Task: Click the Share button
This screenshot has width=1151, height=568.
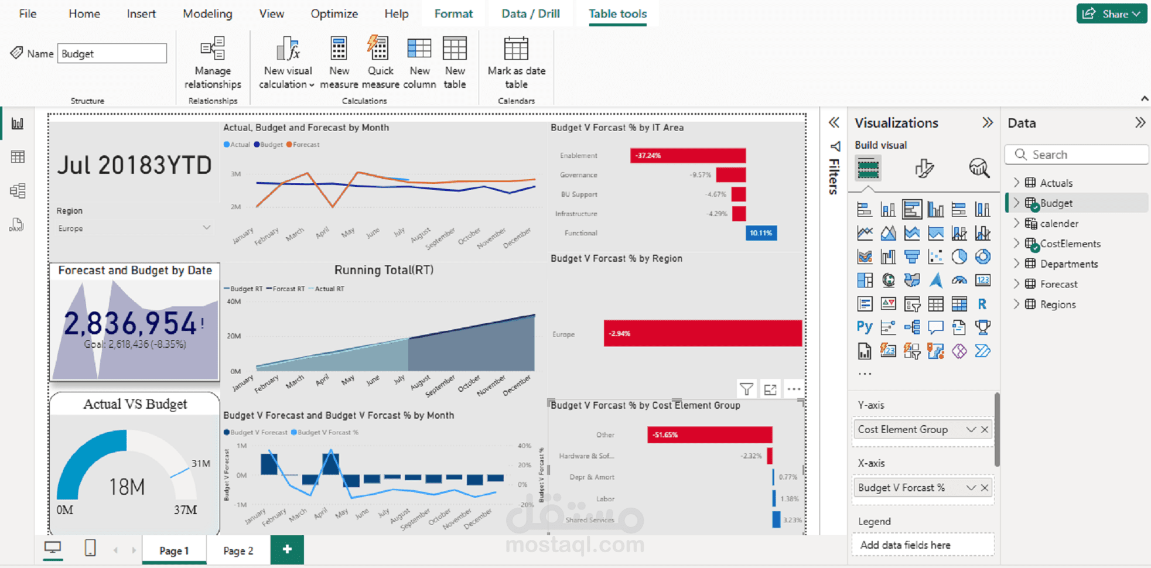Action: pyautogui.click(x=1111, y=13)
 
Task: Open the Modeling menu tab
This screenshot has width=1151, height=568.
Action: pyautogui.click(x=207, y=13)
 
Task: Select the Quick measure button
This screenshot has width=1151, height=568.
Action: pyautogui.click(x=380, y=62)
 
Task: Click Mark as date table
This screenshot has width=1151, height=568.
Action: pyautogui.click(x=516, y=62)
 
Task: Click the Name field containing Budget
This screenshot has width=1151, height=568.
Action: pyautogui.click(x=111, y=53)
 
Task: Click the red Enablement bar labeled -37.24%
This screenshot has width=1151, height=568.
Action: pyautogui.click(x=688, y=155)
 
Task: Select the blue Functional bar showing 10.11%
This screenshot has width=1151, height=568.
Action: pyautogui.click(x=761, y=233)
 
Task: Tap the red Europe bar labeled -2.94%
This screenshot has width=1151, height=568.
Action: pyautogui.click(x=702, y=333)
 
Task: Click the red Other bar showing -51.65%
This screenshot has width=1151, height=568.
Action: pyautogui.click(x=709, y=434)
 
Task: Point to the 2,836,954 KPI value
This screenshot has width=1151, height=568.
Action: pyautogui.click(x=130, y=323)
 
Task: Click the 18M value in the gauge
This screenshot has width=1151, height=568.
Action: pyautogui.click(x=127, y=486)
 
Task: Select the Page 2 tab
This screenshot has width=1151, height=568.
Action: pyautogui.click(x=238, y=550)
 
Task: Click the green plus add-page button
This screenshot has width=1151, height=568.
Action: pyautogui.click(x=287, y=549)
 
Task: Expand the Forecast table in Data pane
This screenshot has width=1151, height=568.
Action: pyautogui.click(x=1017, y=284)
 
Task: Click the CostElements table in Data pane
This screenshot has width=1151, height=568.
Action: pyautogui.click(x=1070, y=244)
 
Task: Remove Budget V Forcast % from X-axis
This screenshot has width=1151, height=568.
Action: pyautogui.click(x=985, y=488)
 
